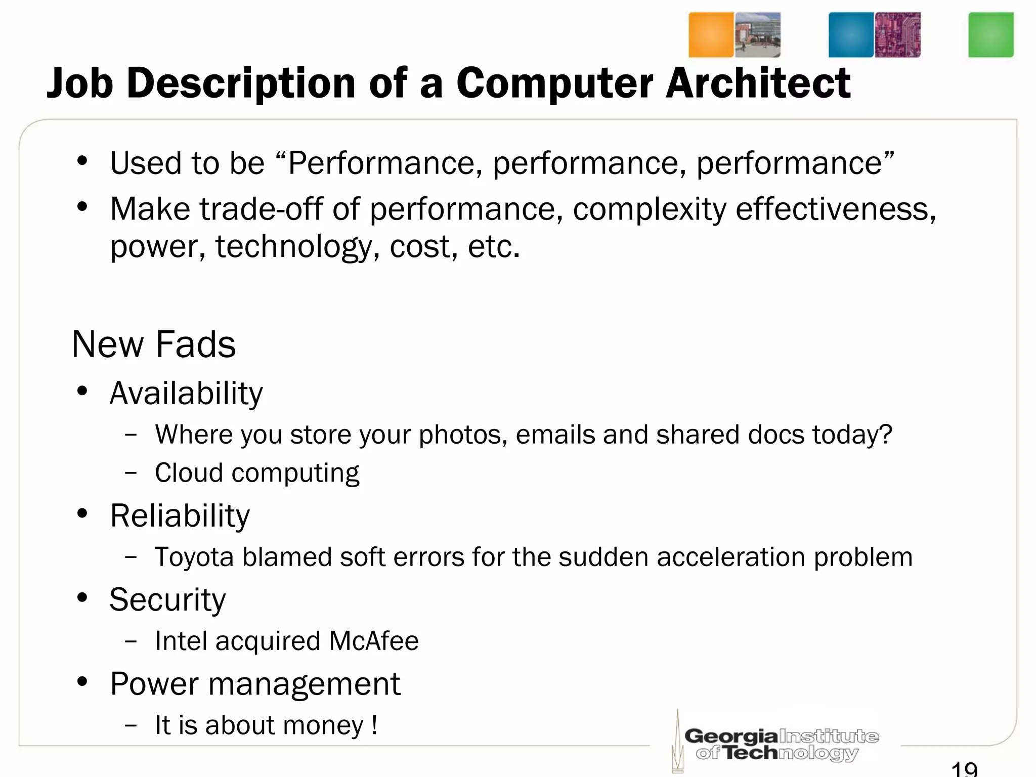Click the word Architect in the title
tap(757, 83)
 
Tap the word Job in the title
tap(79, 83)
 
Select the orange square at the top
tap(711, 35)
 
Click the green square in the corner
tap(990, 35)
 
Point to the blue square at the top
tap(851, 35)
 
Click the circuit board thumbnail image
tap(897, 35)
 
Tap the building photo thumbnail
tap(757, 35)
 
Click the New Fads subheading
tap(154, 344)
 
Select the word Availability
tap(186, 394)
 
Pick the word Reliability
tap(180, 516)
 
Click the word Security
tap(167, 600)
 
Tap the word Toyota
tap(194, 557)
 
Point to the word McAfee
tap(374, 641)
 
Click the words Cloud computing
tap(257, 473)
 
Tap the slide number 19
tap(964, 769)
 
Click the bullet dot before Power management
tap(82, 682)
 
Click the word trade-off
tap(261, 209)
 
